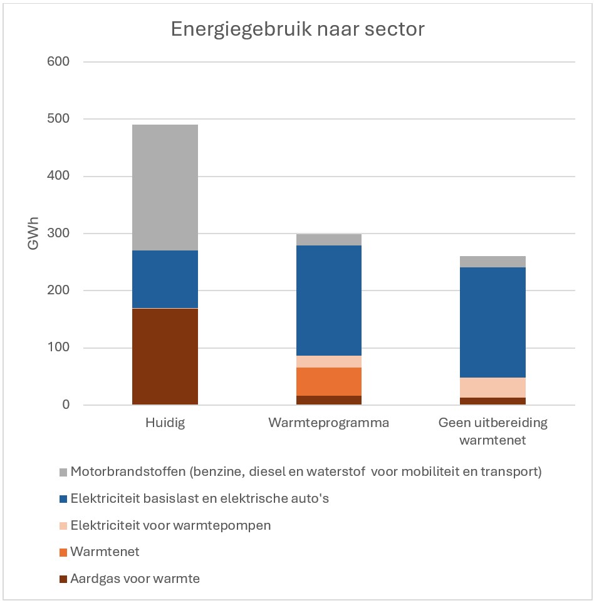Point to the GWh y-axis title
click(34, 233)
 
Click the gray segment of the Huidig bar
click(165, 187)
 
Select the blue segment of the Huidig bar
click(165, 279)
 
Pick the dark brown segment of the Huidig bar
click(165, 357)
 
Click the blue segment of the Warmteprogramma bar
click(329, 301)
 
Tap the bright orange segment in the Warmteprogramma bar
click(329, 381)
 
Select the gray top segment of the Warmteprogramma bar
click(329, 239)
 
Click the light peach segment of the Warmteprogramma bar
click(329, 361)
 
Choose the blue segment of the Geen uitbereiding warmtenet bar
click(492, 322)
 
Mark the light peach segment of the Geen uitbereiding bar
click(492, 387)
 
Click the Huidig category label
click(164, 423)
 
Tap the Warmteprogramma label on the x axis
click(328, 423)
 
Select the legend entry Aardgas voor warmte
click(135, 579)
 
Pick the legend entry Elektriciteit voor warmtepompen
click(170, 525)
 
